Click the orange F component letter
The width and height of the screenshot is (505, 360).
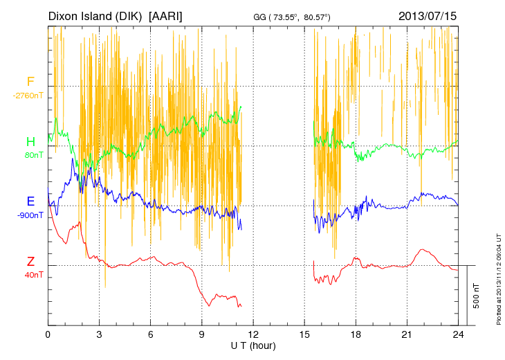pos(30,82)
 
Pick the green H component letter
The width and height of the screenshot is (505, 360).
pos(30,142)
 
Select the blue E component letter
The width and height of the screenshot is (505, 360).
pos(30,201)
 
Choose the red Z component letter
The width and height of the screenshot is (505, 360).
pos(30,262)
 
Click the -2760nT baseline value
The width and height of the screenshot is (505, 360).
pos(28,96)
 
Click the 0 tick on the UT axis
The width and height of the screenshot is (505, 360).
pos(48,334)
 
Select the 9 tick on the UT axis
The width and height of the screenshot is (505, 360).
pos(202,334)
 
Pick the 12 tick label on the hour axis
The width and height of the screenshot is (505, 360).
pos(253,334)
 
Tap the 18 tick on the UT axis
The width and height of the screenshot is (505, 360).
pos(356,334)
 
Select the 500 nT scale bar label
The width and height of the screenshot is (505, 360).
pos(477,296)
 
